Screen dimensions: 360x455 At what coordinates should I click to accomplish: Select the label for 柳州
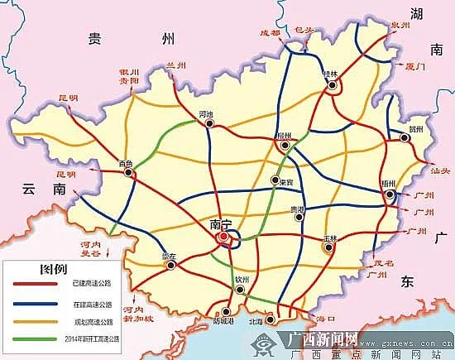pyautogui.click(x=285, y=134)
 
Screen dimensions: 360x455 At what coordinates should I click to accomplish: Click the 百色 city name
pyautogui.click(x=126, y=163)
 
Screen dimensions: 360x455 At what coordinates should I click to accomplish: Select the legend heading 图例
pyautogui.click(x=41, y=271)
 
